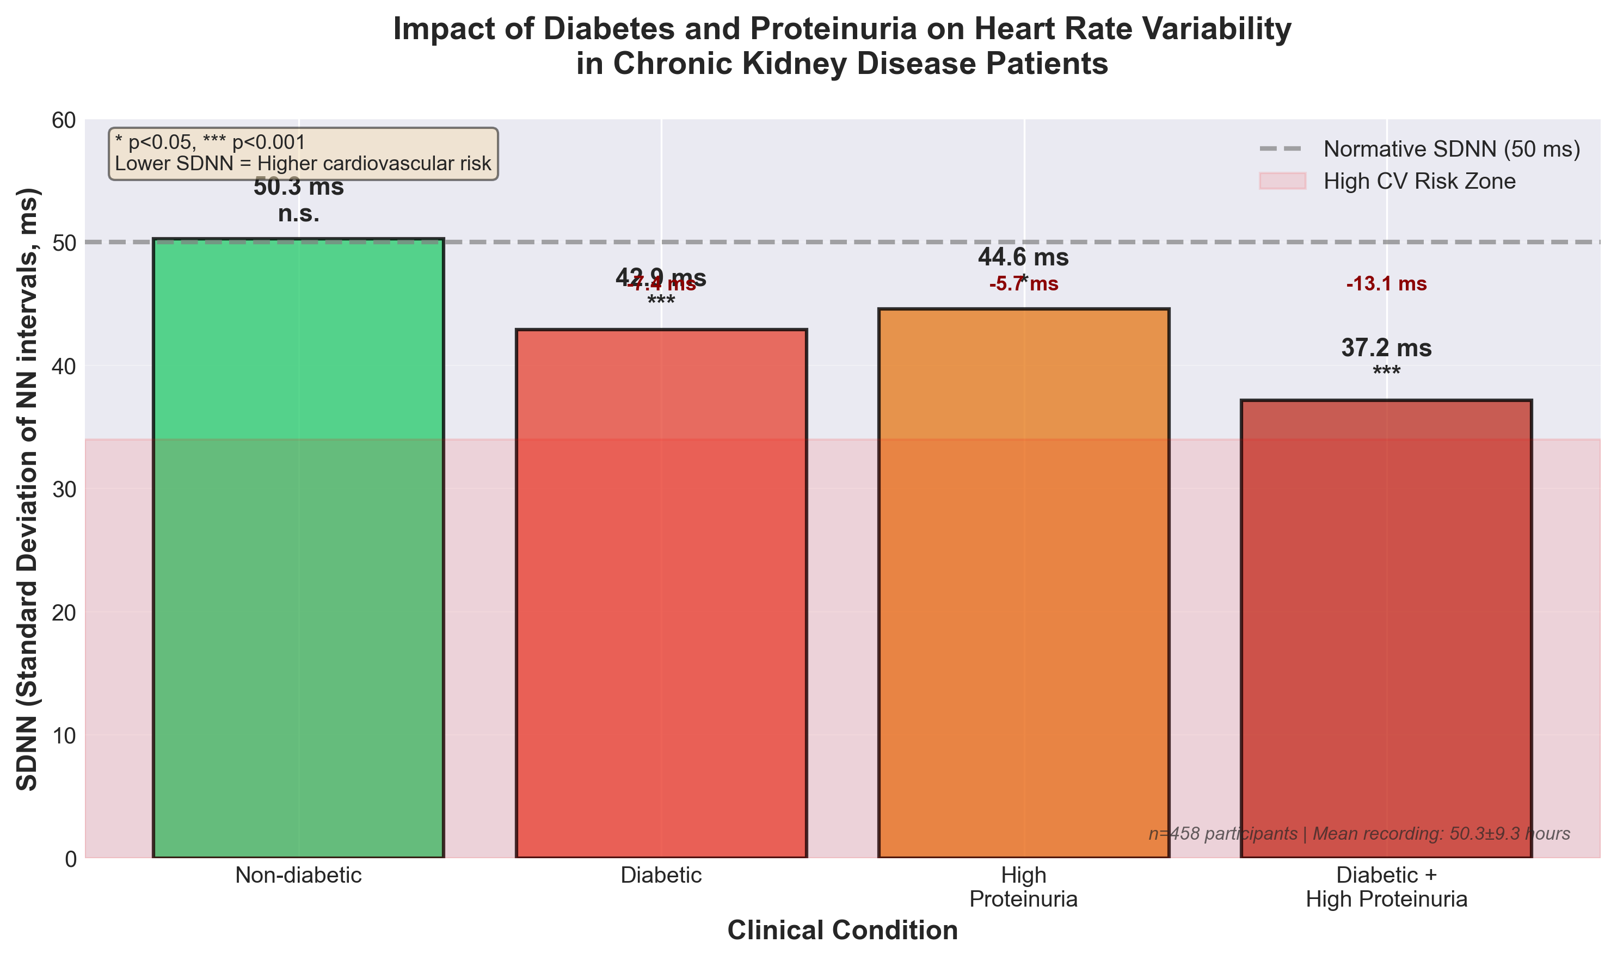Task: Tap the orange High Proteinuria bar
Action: tap(1024, 583)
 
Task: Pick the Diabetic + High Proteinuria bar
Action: tap(1386, 628)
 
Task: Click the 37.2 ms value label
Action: tap(1386, 349)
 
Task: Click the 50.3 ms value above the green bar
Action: tap(298, 187)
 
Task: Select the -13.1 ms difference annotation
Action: tap(1386, 284)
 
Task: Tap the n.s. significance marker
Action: tap(298, 214)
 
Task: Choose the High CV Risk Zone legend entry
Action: tap(1419, 181)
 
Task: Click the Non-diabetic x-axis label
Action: tap(298, 876)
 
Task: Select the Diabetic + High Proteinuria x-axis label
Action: tap(1386, 887)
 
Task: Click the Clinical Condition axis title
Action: tap(842, 931)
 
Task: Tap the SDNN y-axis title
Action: tap(27, 489)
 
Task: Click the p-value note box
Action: tap(303, 153)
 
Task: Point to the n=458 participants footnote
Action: tap(1358, 834)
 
